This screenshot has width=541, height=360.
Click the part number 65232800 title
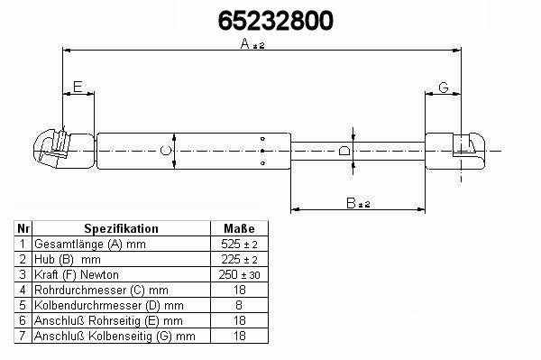[x=276, y=21]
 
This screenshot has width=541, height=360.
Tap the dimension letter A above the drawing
[x=244, y=43]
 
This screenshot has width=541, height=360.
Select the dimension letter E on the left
[x=78, y=87]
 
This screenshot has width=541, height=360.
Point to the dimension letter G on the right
[x=444, y=88]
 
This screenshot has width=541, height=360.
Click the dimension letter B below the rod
[x=351, y=203]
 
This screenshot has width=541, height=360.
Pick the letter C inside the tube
[x=166, y=151]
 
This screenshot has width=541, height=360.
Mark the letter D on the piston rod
[x=344, y=151]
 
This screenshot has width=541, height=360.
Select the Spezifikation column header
[x=121, y=228]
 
